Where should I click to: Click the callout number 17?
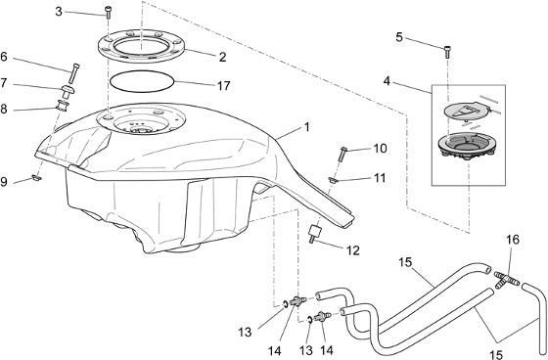coord(224,86)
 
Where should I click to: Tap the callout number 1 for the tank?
coord(307,127)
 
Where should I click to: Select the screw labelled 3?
coord(108,13)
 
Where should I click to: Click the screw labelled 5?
coord(447,52)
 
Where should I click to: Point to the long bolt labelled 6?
coord(74,73)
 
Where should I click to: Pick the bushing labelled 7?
coord(68,92)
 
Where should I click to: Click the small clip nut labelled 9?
coord(37,178)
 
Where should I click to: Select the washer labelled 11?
coord(333,180)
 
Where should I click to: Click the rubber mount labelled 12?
coord(313,233)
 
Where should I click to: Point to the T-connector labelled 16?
coord(507,280)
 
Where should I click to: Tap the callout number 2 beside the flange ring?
coord(223,57)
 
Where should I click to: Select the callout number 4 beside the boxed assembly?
coord(387,81)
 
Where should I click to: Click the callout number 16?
coord(513,240)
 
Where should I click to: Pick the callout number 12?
coord(353,250)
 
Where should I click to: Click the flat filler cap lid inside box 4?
coord(467,112)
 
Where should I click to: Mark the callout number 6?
coord(4,57)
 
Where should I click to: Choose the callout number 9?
coord(4,182)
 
